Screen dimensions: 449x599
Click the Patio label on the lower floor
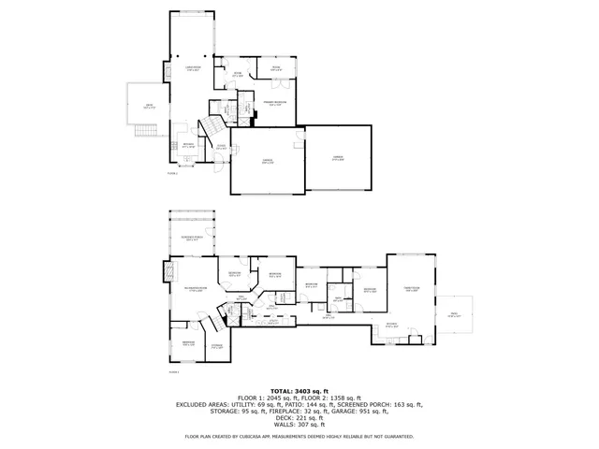click(x=454, y=315)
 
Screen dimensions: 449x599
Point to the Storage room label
click(x=216, y=346)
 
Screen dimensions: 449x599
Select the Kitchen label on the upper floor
click(x=188, y=145)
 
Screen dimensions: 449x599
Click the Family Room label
click(x=412, y=288)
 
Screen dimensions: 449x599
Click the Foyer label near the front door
click(x=221, y=147)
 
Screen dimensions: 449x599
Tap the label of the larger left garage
click(x=267, y=161)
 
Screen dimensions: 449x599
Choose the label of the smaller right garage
click(x=338, y=158)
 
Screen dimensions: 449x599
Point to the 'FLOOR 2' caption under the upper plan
click(x=171, y=173)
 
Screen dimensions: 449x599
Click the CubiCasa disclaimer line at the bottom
click(x=299, y=436)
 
